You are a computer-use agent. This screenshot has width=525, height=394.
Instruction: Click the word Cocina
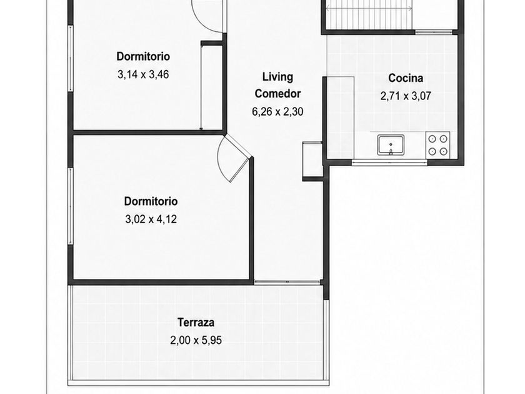point(406,78)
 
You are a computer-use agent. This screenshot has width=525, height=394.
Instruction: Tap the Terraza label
point(196,322)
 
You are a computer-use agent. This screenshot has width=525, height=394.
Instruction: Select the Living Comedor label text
point(277,85)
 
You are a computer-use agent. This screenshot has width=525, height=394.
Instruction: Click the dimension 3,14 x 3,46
point(143,74)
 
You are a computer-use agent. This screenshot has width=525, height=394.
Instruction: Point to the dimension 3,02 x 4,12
point(151,220)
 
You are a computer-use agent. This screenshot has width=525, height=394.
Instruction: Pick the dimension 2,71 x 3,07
point(406,96)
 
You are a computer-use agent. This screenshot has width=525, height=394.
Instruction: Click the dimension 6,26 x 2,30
point(277,111)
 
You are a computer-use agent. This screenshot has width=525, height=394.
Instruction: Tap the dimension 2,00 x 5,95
point(196,340)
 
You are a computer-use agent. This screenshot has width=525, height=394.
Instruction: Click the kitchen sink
point(391,145)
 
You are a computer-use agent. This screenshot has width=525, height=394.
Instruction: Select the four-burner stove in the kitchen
point(438,145)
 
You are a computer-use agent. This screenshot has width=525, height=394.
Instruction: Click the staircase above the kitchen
point(369,15)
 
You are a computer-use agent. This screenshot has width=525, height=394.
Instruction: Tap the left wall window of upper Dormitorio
point(70,58)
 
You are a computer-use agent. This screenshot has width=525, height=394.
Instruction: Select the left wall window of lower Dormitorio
point(70,206)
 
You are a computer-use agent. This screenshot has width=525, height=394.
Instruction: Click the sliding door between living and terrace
point(287,282)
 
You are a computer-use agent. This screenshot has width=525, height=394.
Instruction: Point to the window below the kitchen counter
point(389,163)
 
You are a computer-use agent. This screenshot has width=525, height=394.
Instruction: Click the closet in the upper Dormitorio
point(212,86)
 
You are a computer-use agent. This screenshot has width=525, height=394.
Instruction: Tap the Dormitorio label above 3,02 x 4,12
point(151,201)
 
